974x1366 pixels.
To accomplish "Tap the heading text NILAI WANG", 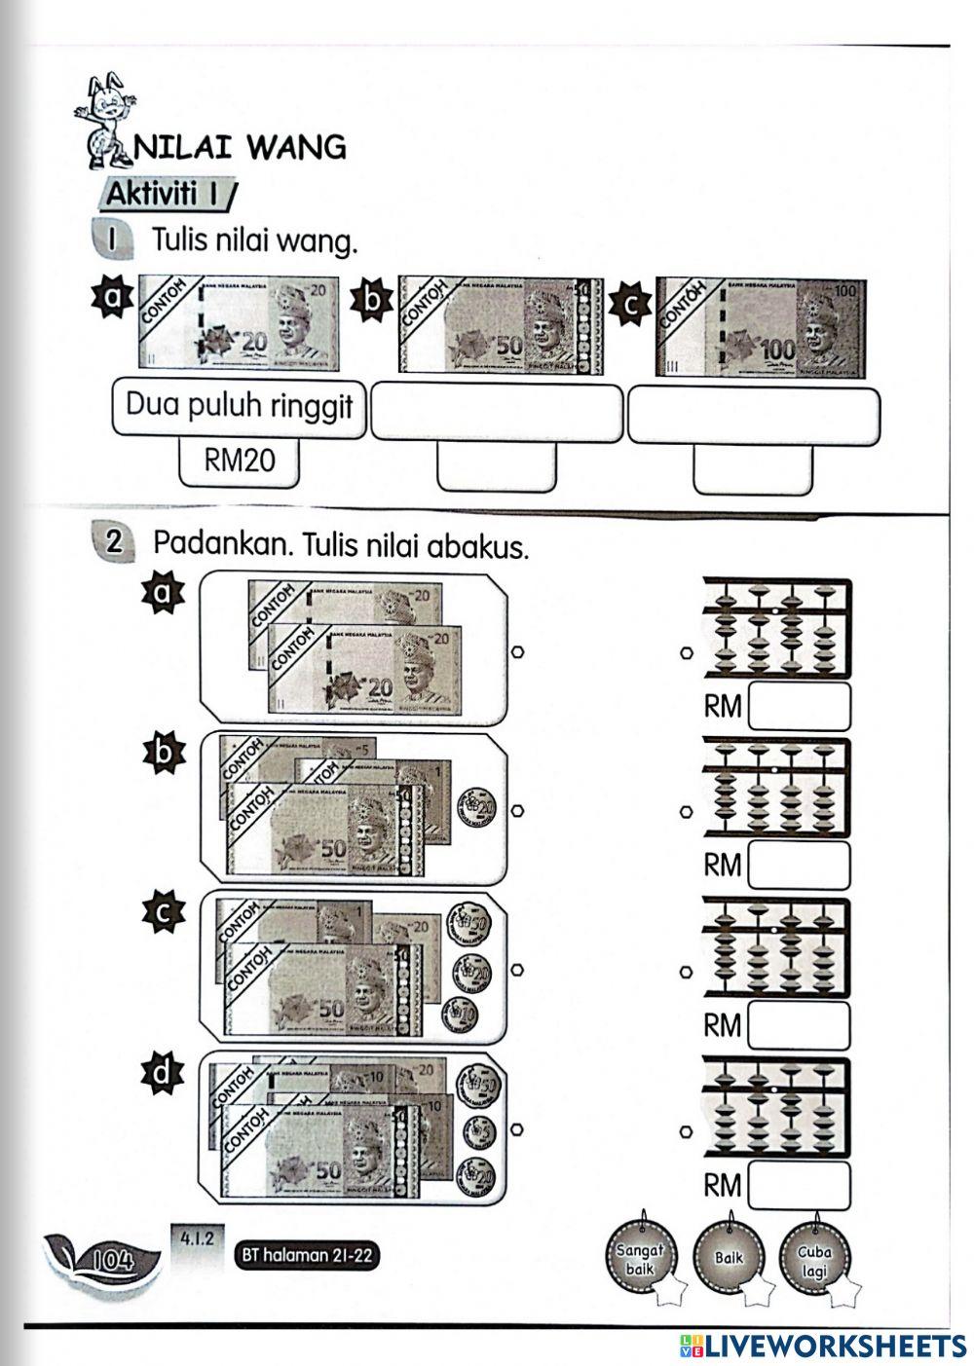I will coord(240,147).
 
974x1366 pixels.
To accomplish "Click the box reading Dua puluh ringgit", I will coord(239,406).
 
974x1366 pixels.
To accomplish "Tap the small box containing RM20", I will coord(239,461).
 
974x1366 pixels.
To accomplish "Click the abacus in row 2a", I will coord(775,628).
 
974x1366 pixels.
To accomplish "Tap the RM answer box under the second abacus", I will coord(799,865).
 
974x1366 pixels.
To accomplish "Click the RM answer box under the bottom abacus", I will coord(799,1185).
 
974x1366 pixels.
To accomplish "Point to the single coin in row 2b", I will coord(478,806).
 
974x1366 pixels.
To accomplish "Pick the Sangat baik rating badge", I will coord(640,1259).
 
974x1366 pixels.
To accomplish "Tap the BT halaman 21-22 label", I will coord(307,1255).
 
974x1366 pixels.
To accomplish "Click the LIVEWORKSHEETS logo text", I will coord(823,1345).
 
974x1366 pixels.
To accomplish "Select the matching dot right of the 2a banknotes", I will coord(518,651).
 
